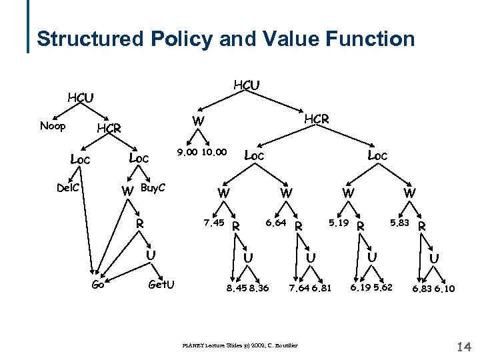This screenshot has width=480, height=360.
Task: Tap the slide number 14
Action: coord(465,346)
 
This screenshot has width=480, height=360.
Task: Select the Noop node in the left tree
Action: coord(53,126)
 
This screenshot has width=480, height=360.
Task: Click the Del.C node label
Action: coord(68,188)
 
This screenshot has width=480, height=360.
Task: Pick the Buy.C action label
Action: coord(153,189)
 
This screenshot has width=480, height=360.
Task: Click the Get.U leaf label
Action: coord(161,285)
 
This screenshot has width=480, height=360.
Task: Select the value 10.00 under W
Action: coord(215,153)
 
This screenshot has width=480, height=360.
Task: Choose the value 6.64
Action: coord(277,222)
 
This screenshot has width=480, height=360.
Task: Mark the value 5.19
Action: coord(339,222)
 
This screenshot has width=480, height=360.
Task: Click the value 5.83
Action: coord(399,222)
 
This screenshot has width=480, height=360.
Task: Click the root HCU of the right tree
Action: coord(246,85)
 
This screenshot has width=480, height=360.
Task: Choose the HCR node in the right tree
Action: coord(317,119)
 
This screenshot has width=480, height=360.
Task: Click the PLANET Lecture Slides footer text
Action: coord(239,345)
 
